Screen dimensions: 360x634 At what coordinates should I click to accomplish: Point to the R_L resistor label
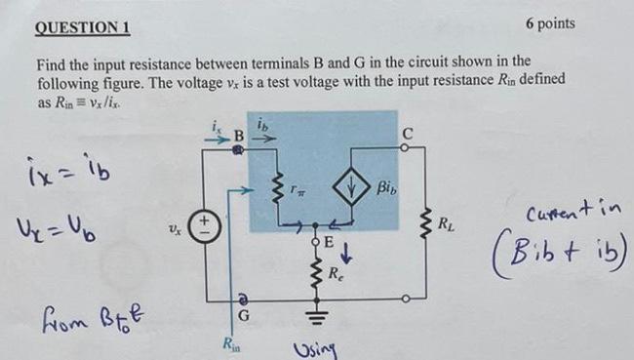click(x=446, y=224)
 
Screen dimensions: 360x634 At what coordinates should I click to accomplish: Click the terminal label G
click(x=246, y=315)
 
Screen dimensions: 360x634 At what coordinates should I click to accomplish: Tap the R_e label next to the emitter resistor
click(x=336, y=275)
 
